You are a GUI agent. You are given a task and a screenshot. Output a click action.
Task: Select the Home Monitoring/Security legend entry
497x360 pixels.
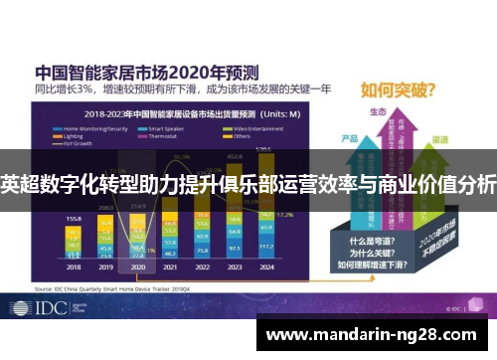click(95, 129)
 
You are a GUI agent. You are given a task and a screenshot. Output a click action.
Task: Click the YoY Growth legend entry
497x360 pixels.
click(80, 143)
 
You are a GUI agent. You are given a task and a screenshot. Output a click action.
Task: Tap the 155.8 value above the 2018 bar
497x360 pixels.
click(73, 217)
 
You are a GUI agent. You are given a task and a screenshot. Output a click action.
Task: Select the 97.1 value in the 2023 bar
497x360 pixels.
click(235, 247)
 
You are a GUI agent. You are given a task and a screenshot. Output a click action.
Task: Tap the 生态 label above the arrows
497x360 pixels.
click(377, 112)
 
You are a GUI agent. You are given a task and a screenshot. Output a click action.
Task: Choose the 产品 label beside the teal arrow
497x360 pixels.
click(349, 138)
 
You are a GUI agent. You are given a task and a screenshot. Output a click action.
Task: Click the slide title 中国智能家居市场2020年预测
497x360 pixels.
click(147, 72)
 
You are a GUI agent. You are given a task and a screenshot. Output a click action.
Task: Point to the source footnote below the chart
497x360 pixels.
click(109, 287)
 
